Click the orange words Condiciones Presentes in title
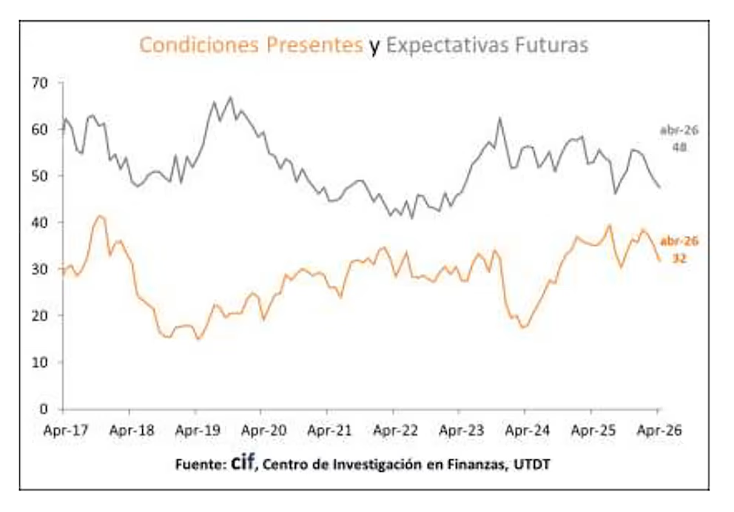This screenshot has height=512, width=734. coord(251,45)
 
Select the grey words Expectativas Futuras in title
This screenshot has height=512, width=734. coord(488,45)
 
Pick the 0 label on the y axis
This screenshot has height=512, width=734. coord(44,409)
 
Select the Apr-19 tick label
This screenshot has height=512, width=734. coord(195,428)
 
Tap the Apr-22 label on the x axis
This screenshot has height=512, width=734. coord(394,428)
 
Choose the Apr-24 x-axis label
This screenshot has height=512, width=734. coord(525,428)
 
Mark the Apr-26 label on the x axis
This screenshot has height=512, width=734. coord(658,428)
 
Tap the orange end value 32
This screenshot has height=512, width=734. coord(679,258)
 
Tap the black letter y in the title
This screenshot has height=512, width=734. coord(375,47)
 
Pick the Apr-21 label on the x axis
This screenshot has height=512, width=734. coord(328,428)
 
